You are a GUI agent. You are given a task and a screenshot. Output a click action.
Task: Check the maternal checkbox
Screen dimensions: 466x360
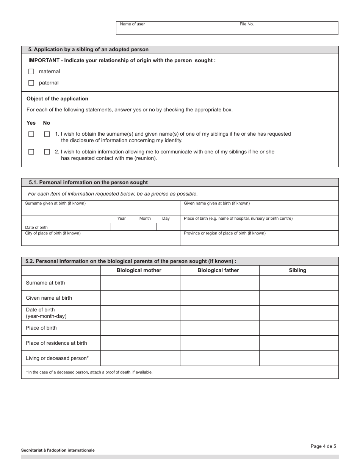(31, 72)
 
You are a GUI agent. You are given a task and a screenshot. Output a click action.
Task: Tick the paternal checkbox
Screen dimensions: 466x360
(31, 83)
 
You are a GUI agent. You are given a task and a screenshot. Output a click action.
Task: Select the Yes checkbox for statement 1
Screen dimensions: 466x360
(31, 134)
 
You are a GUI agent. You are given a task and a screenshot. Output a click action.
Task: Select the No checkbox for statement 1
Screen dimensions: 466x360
(47, 134)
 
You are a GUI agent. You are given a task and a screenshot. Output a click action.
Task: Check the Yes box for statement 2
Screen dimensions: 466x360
(31, 152)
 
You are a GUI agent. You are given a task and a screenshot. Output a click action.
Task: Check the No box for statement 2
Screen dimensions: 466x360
(47, 152)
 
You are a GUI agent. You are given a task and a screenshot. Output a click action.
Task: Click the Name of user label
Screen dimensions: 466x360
(132, 24)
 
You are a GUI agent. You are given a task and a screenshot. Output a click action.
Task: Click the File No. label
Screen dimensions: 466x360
(247, 24)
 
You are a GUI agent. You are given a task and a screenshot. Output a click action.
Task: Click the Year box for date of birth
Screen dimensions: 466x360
(122, 227)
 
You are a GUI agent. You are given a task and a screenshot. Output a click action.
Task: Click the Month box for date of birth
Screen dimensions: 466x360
(145, 227)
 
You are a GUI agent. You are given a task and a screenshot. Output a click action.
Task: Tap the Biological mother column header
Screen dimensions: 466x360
(139, 271)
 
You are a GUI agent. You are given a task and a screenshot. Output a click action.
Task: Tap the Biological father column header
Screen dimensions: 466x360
(218, 271)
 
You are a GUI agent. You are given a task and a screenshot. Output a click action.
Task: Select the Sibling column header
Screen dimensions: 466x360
(297, 271)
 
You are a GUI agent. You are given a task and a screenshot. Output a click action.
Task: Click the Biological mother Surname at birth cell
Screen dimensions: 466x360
(140, 283)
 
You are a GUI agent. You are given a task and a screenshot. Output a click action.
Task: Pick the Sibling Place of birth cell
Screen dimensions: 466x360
(299, 328)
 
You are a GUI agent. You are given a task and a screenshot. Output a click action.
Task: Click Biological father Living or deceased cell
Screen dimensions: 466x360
(219, 358)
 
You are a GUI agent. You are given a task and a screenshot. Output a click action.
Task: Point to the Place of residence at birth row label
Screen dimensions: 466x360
(56, 343)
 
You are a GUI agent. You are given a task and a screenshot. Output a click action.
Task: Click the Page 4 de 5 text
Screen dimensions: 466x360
(323, 446)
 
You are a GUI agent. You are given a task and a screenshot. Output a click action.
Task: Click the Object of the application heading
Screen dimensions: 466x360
(57, 99)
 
